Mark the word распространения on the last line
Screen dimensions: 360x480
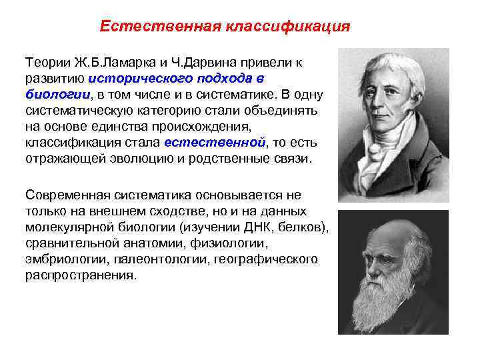click(79, 275)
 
